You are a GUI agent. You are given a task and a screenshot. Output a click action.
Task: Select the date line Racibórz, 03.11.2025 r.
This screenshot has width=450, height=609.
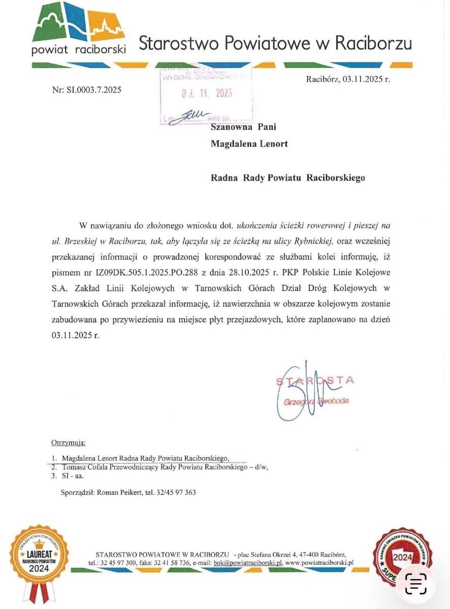tap(348, 79)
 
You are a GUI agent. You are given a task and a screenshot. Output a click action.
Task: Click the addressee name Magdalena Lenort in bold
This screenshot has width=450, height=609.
tap(249, 144)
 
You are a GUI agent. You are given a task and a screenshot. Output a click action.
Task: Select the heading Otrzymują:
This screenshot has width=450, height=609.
tap(69, 443)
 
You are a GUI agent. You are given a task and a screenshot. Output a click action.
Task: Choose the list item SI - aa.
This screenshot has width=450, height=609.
tap(73, 476)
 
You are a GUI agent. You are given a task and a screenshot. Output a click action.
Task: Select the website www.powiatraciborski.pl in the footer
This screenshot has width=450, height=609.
tap(319, 563)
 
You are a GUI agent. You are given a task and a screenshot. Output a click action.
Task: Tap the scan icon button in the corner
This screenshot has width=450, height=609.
tap(415, 584)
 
